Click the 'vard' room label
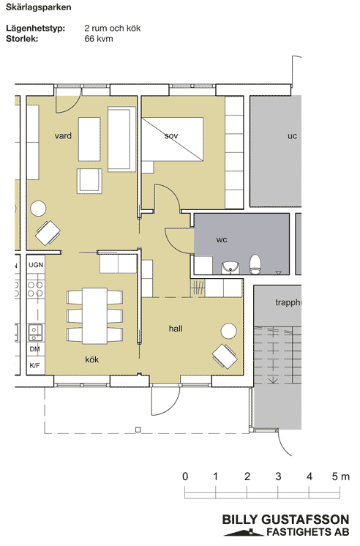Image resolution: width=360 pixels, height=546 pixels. click(63, 136)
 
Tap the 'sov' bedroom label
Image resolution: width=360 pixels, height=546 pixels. click(171, 136)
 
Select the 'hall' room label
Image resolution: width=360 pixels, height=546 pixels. click(176, 329)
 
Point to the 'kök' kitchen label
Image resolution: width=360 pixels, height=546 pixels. click(92, 359)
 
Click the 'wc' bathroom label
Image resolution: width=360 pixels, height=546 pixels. click(222, 239)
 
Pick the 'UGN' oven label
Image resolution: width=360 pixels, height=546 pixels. click(36, 265)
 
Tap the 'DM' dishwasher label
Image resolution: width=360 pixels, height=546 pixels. click(35, 349)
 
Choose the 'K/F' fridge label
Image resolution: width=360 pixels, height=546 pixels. click(35, 365)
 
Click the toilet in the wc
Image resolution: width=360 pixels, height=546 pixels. click(255, 264)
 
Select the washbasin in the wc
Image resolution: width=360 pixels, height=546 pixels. click(230, 267)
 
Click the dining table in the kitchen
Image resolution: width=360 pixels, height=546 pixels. click(94, 315)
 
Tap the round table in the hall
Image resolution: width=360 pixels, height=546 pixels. click(229, 331)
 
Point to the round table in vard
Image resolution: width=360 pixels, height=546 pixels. click(38, 209)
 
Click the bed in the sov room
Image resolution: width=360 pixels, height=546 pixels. click(173, 139)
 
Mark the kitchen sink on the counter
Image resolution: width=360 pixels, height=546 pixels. click(35, 332)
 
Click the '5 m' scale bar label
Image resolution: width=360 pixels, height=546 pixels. click(340, 476)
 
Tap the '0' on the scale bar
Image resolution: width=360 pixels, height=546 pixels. click(185, 476)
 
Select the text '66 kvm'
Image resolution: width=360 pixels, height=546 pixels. click(99, 38)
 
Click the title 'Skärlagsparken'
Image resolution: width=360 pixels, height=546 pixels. click(39, 7)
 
